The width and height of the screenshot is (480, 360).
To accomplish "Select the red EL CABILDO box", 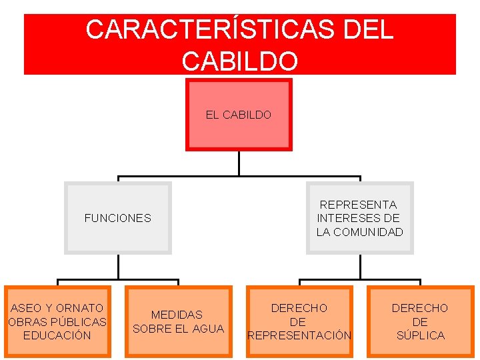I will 239,115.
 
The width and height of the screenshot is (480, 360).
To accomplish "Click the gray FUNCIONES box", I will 117,218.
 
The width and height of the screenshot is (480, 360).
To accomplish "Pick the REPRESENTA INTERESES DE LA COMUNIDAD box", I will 359,218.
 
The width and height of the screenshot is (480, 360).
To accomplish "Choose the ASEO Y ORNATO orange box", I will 57,321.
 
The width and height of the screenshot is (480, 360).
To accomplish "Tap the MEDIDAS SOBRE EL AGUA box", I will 178,321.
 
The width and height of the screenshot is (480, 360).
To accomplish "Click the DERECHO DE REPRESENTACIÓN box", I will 299,321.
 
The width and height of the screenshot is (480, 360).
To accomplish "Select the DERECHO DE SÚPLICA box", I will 420,321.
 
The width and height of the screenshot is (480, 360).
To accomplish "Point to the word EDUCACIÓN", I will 57,335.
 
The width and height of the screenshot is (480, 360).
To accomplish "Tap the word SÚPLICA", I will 420,335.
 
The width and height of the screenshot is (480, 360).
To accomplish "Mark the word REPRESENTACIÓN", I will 299,335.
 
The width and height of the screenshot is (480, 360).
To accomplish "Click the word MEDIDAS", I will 177,315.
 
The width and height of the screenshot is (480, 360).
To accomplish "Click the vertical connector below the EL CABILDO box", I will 239,163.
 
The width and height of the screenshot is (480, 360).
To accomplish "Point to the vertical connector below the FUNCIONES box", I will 118,267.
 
